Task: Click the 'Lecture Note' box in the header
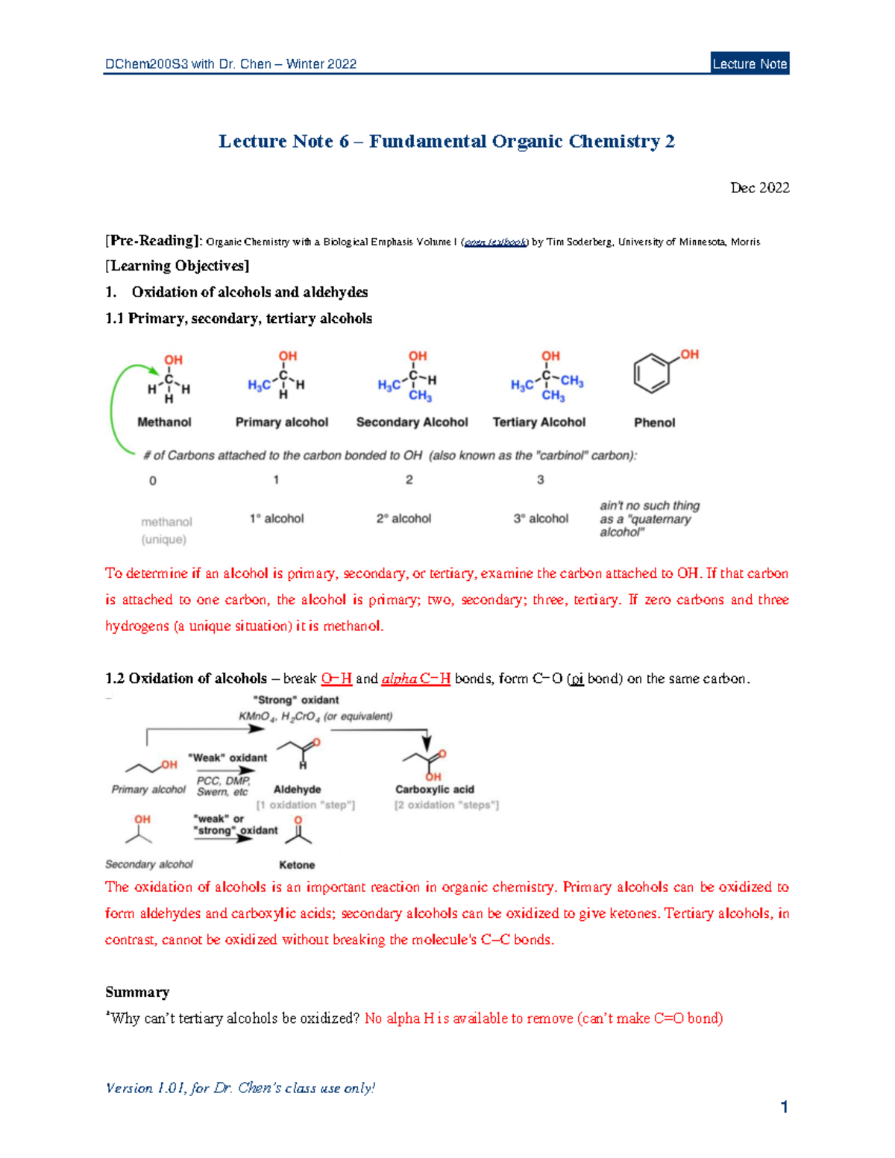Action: (x=750, y=63)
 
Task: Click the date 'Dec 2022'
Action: (x=759, y=188)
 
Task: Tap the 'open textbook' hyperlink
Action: (x=496, y=242)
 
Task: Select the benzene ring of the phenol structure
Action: (x=652, y=372)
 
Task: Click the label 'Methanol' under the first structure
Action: (x=164, y=422)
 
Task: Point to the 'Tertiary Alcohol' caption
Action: (x=538, y=422)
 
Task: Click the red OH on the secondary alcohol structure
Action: (x=418, y=356)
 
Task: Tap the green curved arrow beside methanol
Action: (x=114, y=406)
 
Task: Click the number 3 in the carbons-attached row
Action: (x=541, y=480)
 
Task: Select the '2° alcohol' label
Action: (x=403, y=518)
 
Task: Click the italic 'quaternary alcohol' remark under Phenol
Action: (x=649, y=519)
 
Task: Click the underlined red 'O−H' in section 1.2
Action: (x=336, y=679)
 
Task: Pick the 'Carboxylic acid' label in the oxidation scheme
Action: (x=435, y=790)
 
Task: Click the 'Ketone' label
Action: (x=297, y=865)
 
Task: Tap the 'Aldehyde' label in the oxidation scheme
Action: (x=297, y=790)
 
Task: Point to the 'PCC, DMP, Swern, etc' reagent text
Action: (x=223, y=787)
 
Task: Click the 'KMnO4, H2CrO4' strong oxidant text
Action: (x=315, y=717)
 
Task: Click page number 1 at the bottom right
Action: (x=784, y=1107)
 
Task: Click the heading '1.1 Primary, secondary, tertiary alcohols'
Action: (x=239, y=318)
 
